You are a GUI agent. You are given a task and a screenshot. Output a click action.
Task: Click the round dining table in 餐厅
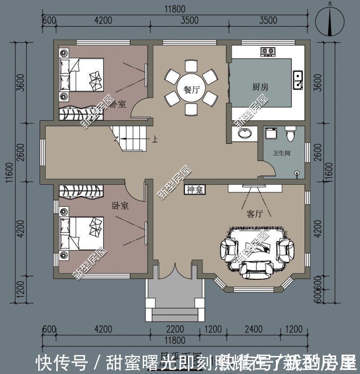tap(191, 89)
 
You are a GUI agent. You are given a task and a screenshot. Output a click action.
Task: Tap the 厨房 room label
tap(260, 87)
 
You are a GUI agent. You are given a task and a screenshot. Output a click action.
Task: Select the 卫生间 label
tap(281, 153)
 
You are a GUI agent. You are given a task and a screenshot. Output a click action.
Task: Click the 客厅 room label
tap(254, 214)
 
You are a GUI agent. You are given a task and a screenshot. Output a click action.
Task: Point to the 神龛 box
tap(194, 190)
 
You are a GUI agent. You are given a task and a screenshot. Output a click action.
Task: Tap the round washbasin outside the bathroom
tap(244, 133)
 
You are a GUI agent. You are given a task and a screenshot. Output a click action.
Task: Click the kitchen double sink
tap(297, 79)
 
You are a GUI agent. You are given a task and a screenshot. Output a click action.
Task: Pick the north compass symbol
tap(331, 21)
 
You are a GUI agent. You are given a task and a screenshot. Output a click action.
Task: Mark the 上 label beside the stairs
tap(155, 140)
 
